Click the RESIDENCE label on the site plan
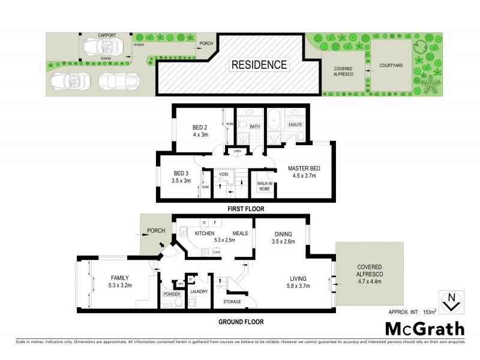pyautogui.click(x=259, y=64)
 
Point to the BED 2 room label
pyautogui.click(x=200, y=128)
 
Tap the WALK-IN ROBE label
pyautogui.click(x=263, y=186)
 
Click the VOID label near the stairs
pyautogui.click(x=223, y=175)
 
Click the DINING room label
pyautogui.click(x=281, y=235)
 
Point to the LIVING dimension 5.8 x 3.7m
pyautogui.click(x=299, y=287)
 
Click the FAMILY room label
pyautogui.click(x=120, y=278)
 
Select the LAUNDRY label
pyautogui.click(x=198, y=292)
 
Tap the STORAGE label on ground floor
pyautogui.click(x=232, y=301)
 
